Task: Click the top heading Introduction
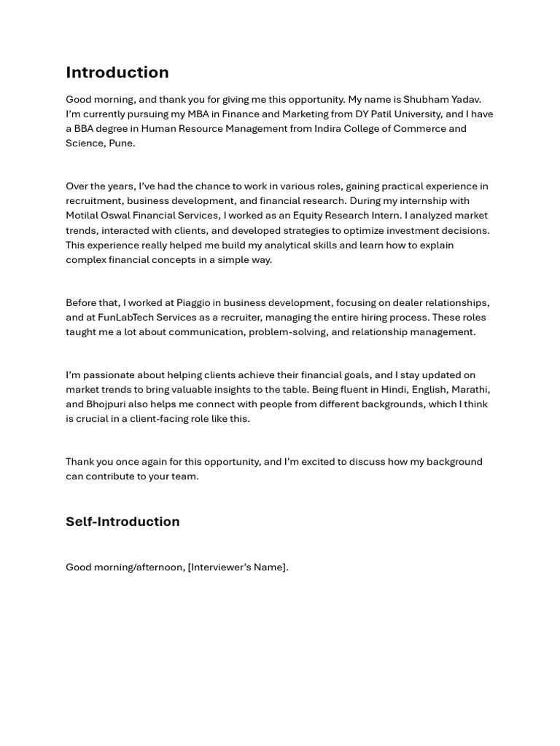coord(117,72)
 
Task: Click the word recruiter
coord(246,317)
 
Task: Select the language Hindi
coord(394,389)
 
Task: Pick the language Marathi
coord(470,389)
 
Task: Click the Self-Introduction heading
coord(122,522)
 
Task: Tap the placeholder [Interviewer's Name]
coord(238,567)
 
